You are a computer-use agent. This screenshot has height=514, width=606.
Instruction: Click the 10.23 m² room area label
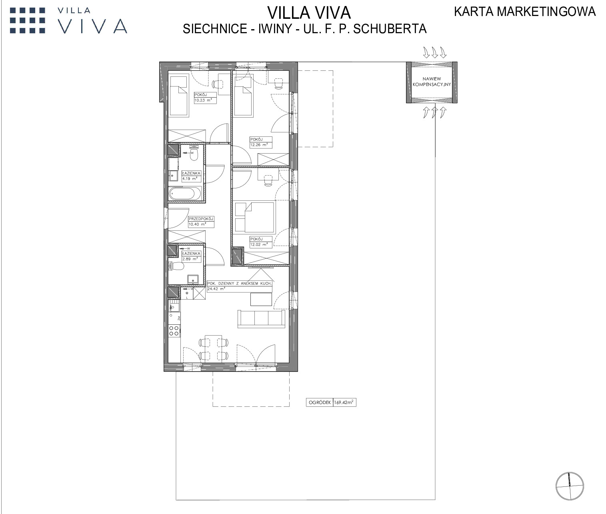[203, 100]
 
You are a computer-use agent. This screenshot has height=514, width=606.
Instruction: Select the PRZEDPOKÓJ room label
[201, 219]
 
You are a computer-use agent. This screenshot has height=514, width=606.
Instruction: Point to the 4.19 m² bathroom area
[190, 178]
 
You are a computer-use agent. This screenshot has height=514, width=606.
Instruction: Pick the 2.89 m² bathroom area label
[190, 259]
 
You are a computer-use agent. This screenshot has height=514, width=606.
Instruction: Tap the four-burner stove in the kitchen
[174, 331]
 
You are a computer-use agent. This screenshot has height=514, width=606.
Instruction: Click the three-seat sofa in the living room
[261, 319]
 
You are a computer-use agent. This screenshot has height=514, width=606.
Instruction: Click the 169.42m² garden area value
[344, 402]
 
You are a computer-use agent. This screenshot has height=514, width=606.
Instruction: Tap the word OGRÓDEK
[320, 402]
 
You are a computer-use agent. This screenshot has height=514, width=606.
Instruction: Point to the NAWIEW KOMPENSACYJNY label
[432, 82]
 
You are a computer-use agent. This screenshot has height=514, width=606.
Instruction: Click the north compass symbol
[570, 486]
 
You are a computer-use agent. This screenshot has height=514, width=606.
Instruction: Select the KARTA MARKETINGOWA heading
[525, 12]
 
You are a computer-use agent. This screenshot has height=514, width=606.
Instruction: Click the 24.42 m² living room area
[216, 288]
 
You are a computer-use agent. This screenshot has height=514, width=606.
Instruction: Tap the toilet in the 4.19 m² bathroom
[194, 154]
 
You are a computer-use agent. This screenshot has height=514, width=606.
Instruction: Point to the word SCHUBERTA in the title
[390, 29]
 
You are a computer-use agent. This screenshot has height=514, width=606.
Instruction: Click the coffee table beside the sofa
[261, 300]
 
